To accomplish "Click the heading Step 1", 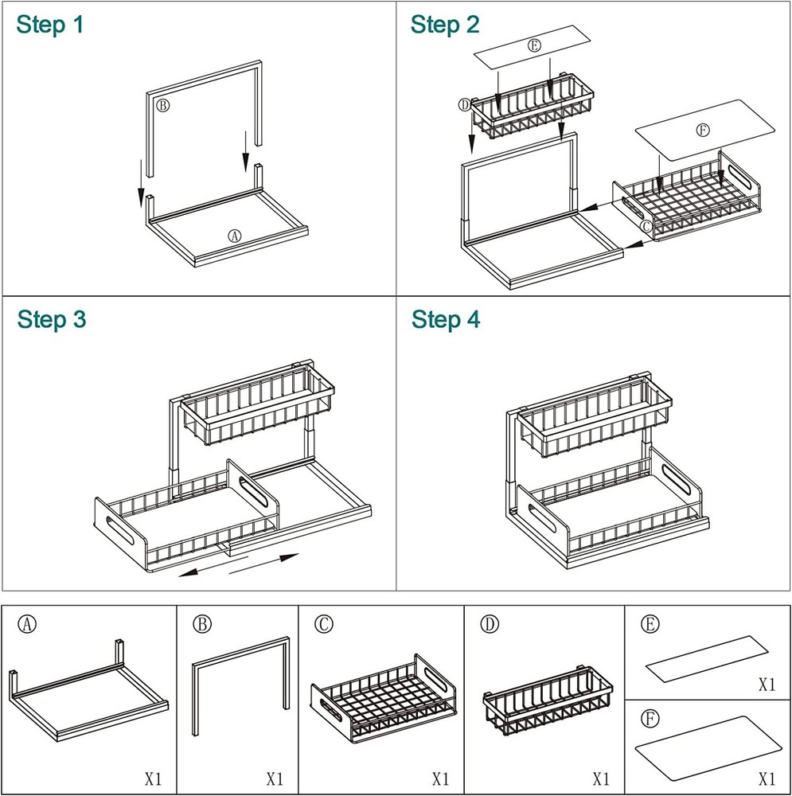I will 49,25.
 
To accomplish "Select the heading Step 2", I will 445,25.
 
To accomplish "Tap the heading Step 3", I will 52,320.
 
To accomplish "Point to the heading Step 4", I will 446,320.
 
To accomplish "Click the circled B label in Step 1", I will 162,105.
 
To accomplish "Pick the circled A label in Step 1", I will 234,236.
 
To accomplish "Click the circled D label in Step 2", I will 465,105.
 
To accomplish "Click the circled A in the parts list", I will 28,625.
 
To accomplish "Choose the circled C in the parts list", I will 322,625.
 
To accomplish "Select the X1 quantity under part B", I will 275,778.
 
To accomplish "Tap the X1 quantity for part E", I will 767,684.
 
